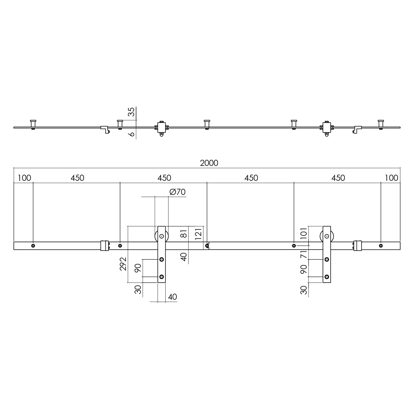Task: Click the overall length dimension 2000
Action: tap(209, 163)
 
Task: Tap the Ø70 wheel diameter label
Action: tap(177, 192)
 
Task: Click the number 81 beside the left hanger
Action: tap(184, 233)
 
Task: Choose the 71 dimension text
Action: tap(304, 254)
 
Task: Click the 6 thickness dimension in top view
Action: tap(132, 134)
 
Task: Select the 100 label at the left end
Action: tap(24, 178)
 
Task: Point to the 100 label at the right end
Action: tap(391, 178)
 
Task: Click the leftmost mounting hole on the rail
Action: tap(33, 246)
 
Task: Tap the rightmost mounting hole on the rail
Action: tap(381, 246)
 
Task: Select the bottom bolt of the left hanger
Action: tap(162, 277)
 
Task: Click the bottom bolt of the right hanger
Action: tap(327, 277)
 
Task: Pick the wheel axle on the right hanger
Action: tap(327, 236)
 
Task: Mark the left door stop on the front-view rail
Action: tap(105, 246)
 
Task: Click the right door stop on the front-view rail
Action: tap(357, 246)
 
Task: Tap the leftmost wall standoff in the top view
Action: tap(33, 124)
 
